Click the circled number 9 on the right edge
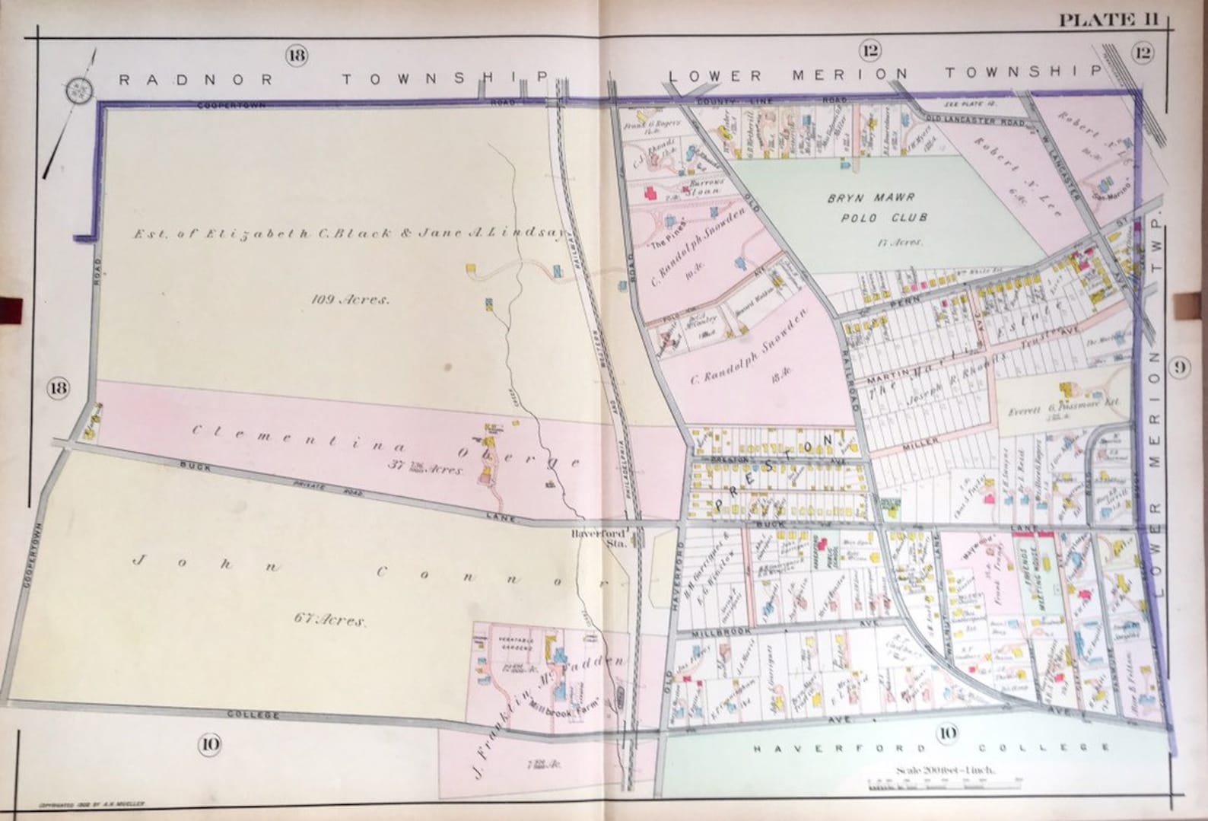[1178, 368]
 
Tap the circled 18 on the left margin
[58, 387]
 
